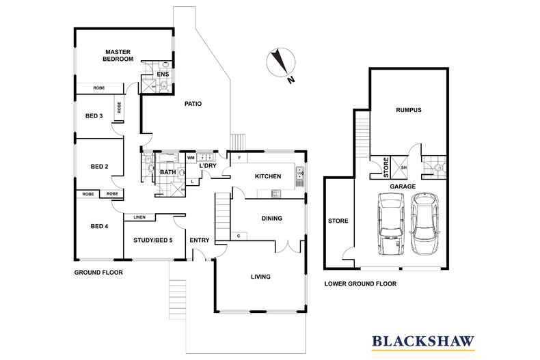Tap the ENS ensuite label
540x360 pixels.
pos(163,74)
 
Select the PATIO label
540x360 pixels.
pos(193,104)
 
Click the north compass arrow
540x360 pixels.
pos(280,64)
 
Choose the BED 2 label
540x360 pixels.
pos(100,166)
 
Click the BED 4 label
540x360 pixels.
pos(100,226)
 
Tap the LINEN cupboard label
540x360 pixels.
pos(139,217)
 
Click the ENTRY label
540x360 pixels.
pos(200,240)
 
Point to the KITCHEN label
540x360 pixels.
pos(268,177)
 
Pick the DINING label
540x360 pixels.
pos(272,219)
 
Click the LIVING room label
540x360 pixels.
pos(260,277)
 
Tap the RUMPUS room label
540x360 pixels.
pos(408,110)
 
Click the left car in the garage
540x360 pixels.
pos(389,223)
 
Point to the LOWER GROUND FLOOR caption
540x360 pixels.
pos(360,283)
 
